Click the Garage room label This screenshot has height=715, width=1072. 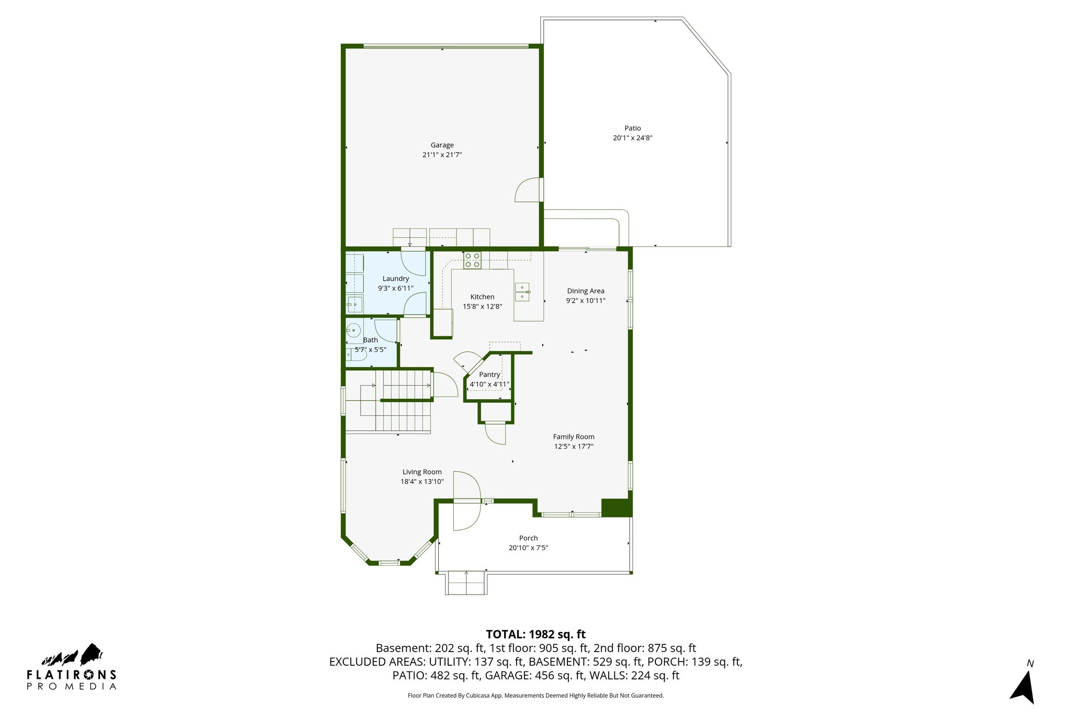tap(442, 145)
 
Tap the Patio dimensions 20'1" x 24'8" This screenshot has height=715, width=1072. tap(632, 138)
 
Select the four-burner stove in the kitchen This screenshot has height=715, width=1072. tap(472, 260)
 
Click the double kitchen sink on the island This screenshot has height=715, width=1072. tap(522, 292)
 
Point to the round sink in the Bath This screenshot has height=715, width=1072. tap(354, 331)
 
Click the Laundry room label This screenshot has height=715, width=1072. tap(395, 279)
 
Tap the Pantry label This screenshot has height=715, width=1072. tap(489, 375)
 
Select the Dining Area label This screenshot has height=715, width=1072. tap(585, 291)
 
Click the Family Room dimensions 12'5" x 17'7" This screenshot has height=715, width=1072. tap(574, 447)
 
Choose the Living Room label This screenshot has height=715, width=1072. tap(422, 472)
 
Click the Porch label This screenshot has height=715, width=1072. tap(528, 538)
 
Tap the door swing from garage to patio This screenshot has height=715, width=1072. tap(528, 190)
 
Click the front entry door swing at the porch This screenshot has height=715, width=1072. tap(466, 501)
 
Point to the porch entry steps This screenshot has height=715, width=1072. tap(466, 583)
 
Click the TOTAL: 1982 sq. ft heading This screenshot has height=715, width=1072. tap(535, 634)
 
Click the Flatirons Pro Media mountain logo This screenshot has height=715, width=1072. tap(73, 655)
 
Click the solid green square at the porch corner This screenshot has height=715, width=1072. tap(616, 507)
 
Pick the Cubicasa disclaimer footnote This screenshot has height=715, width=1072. tap(535, 696)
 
